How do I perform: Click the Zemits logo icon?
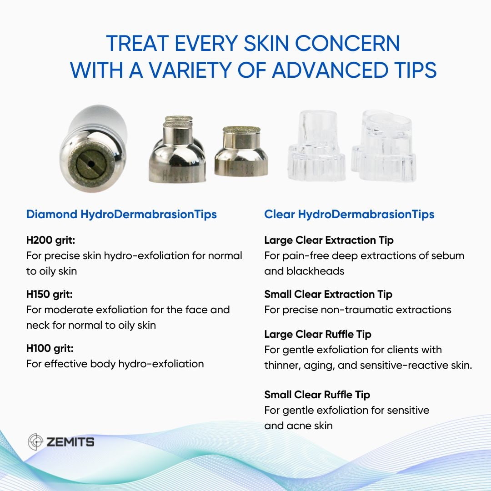pyautogui.click(x=35, y=442)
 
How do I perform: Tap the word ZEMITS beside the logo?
pyautogui.click(x=70, y=442)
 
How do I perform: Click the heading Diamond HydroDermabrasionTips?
pyautogui.click(x=121, y=215)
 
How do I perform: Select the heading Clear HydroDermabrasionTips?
pyautogui.click(x=349, y=215)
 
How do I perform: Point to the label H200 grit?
pyautogui.click(x=51, y=240)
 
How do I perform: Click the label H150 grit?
pyautogui.click(x=50, y=294)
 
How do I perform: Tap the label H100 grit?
pyautogui.click(x=50, y=349)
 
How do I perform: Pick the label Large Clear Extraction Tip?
pyautogui.click(x=329, y=240)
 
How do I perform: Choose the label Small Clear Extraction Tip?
pyautogui.click(x=328, y=294)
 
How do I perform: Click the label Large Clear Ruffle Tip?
pyautogui.click(x=318, y=335)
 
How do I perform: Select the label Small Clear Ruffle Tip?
pyautogui.click(x=317, y=395)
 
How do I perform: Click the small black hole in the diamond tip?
pyautogui.click(x=91, y=164)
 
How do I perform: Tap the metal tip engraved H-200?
pyautogui.click(x=177, y=150)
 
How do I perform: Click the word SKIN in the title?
pyautogui.click(x=266, y=43)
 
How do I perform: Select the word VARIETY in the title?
pyautogui.click(x=190, y=70)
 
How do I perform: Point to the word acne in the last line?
pyautogui.click(x=298, y=426)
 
